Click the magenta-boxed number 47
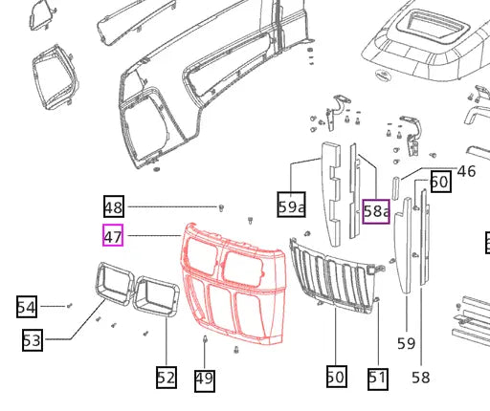click(113, 234)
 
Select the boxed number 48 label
click(113, 206)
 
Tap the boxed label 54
click(26, 307)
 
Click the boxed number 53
click(33, 338)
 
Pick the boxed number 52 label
click(166, 378)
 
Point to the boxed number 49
click(204, 379)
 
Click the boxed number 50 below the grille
click(335, 377)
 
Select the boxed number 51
click(378, 378)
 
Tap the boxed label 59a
click(291, 205)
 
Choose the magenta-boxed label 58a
click(376, 210)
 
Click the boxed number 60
click(439, 182)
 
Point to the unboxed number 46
click(466, 171)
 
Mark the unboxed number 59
click(406, 343)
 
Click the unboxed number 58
click(421, 377)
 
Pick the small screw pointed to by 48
click(222, 206)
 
